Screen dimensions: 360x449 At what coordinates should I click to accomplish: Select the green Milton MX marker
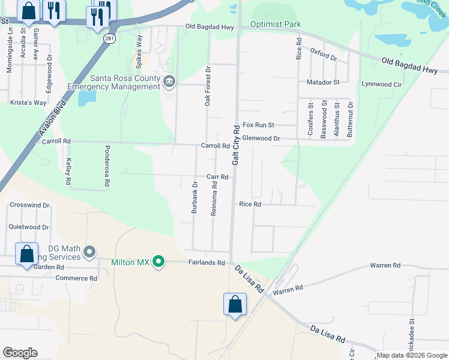[x=158, y=261]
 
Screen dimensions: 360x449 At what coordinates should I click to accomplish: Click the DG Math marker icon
[x=89, y=251]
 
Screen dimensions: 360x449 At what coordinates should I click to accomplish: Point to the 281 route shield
[x=109, y=38]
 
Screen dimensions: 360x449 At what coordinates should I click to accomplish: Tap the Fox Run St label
[x=258, y=125]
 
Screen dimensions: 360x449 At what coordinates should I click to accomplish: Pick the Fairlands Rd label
[x=206, y=263]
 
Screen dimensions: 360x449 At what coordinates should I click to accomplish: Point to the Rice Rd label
[x=250, y=205]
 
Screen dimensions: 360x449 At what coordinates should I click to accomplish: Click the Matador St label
[x=323, y=82]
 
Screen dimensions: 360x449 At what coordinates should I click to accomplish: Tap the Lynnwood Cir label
[x=381, y=85]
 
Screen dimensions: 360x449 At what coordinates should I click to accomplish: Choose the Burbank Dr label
[x=194, y=197]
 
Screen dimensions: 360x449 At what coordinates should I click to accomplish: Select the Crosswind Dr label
[x=29, y=205]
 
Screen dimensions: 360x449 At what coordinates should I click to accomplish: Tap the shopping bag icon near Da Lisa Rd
[x=235, y=304]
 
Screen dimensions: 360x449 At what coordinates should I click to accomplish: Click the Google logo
[x=20, y=353]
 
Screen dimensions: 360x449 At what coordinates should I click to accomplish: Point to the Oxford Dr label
[x=324, y=55]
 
